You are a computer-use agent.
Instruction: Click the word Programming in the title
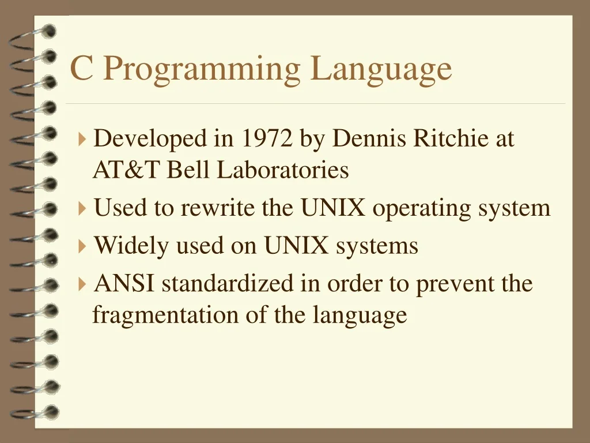202,69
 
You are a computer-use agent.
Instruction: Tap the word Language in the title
381,69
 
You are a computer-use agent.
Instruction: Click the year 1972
267,139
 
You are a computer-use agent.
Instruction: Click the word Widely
131,246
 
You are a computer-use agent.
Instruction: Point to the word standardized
227,284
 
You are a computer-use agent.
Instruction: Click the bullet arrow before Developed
82,139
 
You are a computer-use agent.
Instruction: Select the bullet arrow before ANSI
82,284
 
